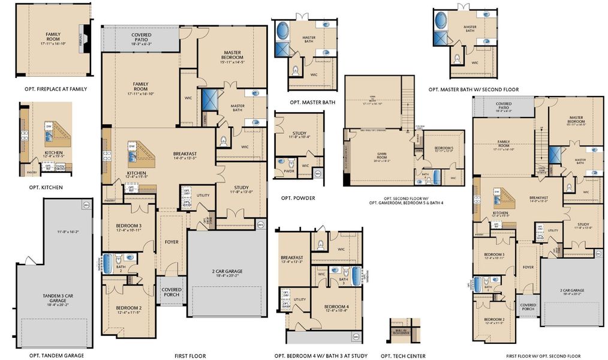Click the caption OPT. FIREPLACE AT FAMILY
(x=53, y=89)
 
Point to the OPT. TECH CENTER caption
(x=403, y=356)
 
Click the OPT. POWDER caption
(x=298, y=198)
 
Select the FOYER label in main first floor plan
(x=171, y=242)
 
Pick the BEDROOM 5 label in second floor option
(x=444, y=148)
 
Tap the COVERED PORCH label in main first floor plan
(x=171, y=292)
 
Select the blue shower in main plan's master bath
(x=209, y=100)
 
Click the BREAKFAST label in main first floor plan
(x=185, y=153)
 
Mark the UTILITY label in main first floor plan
(x=203, y=196)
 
